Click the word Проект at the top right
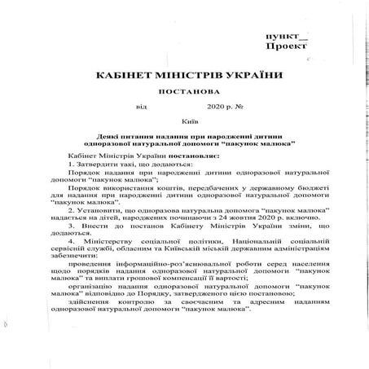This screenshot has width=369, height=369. click(291, 48)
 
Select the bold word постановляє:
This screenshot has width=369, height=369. click(174, 154)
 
